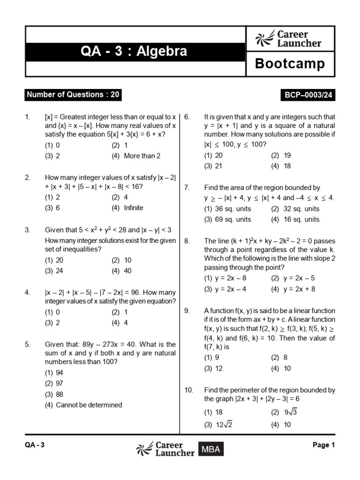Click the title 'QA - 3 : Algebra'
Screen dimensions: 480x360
(134, 51)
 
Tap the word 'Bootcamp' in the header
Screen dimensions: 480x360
(290, 64)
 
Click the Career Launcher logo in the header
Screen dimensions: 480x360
(289, 39)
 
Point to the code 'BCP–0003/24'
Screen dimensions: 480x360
(307, 95)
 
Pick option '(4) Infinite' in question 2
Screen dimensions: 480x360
(127, 208)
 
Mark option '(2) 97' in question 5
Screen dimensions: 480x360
(54, 383)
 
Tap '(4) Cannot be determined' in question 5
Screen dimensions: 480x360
(83, 405)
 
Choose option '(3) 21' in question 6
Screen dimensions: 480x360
(213, 166)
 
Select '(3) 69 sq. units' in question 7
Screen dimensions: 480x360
(227, 219)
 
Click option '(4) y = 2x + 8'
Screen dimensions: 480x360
(293, 289)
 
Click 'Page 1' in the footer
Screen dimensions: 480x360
(323, 445)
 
